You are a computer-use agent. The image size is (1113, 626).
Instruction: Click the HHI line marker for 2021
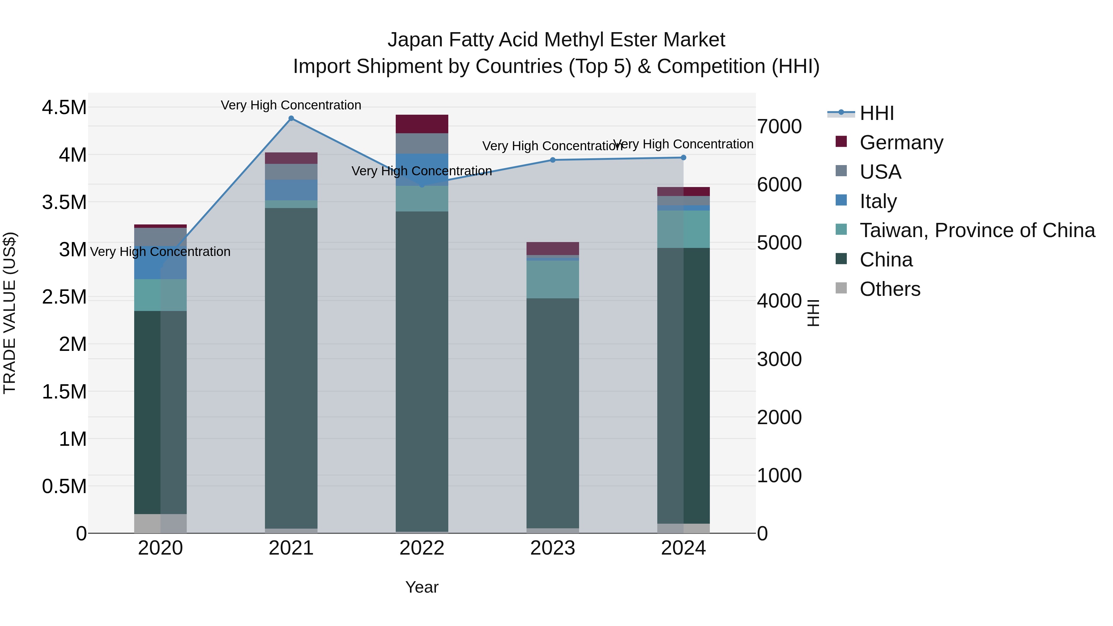pos(291,118)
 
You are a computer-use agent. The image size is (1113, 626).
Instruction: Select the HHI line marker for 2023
pos(552,160)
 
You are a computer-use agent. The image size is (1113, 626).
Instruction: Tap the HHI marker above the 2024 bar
pos(683,158)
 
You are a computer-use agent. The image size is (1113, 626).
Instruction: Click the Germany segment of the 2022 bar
pos(422,124)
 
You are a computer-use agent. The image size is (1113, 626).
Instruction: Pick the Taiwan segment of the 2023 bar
pos(552,279)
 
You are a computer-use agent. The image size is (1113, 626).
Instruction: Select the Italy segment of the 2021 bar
pos(291,190)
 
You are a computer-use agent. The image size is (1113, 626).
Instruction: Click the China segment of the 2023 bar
pos(552,413)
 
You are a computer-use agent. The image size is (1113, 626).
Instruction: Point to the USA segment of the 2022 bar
pos(422,143)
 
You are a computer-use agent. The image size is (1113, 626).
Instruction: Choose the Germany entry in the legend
pos(901,143)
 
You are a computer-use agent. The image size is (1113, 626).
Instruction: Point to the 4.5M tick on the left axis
pos(64,108)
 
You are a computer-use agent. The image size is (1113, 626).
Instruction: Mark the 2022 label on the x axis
pos(422,548)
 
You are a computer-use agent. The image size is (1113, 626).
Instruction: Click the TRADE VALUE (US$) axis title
pos(10,313)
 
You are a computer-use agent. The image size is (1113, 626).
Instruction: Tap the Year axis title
pos(422,587)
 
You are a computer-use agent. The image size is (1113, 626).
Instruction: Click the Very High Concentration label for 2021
pos(291,105)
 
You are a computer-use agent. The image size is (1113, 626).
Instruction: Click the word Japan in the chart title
pos(415,40)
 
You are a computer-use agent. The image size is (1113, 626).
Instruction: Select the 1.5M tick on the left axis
pos(64,392)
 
